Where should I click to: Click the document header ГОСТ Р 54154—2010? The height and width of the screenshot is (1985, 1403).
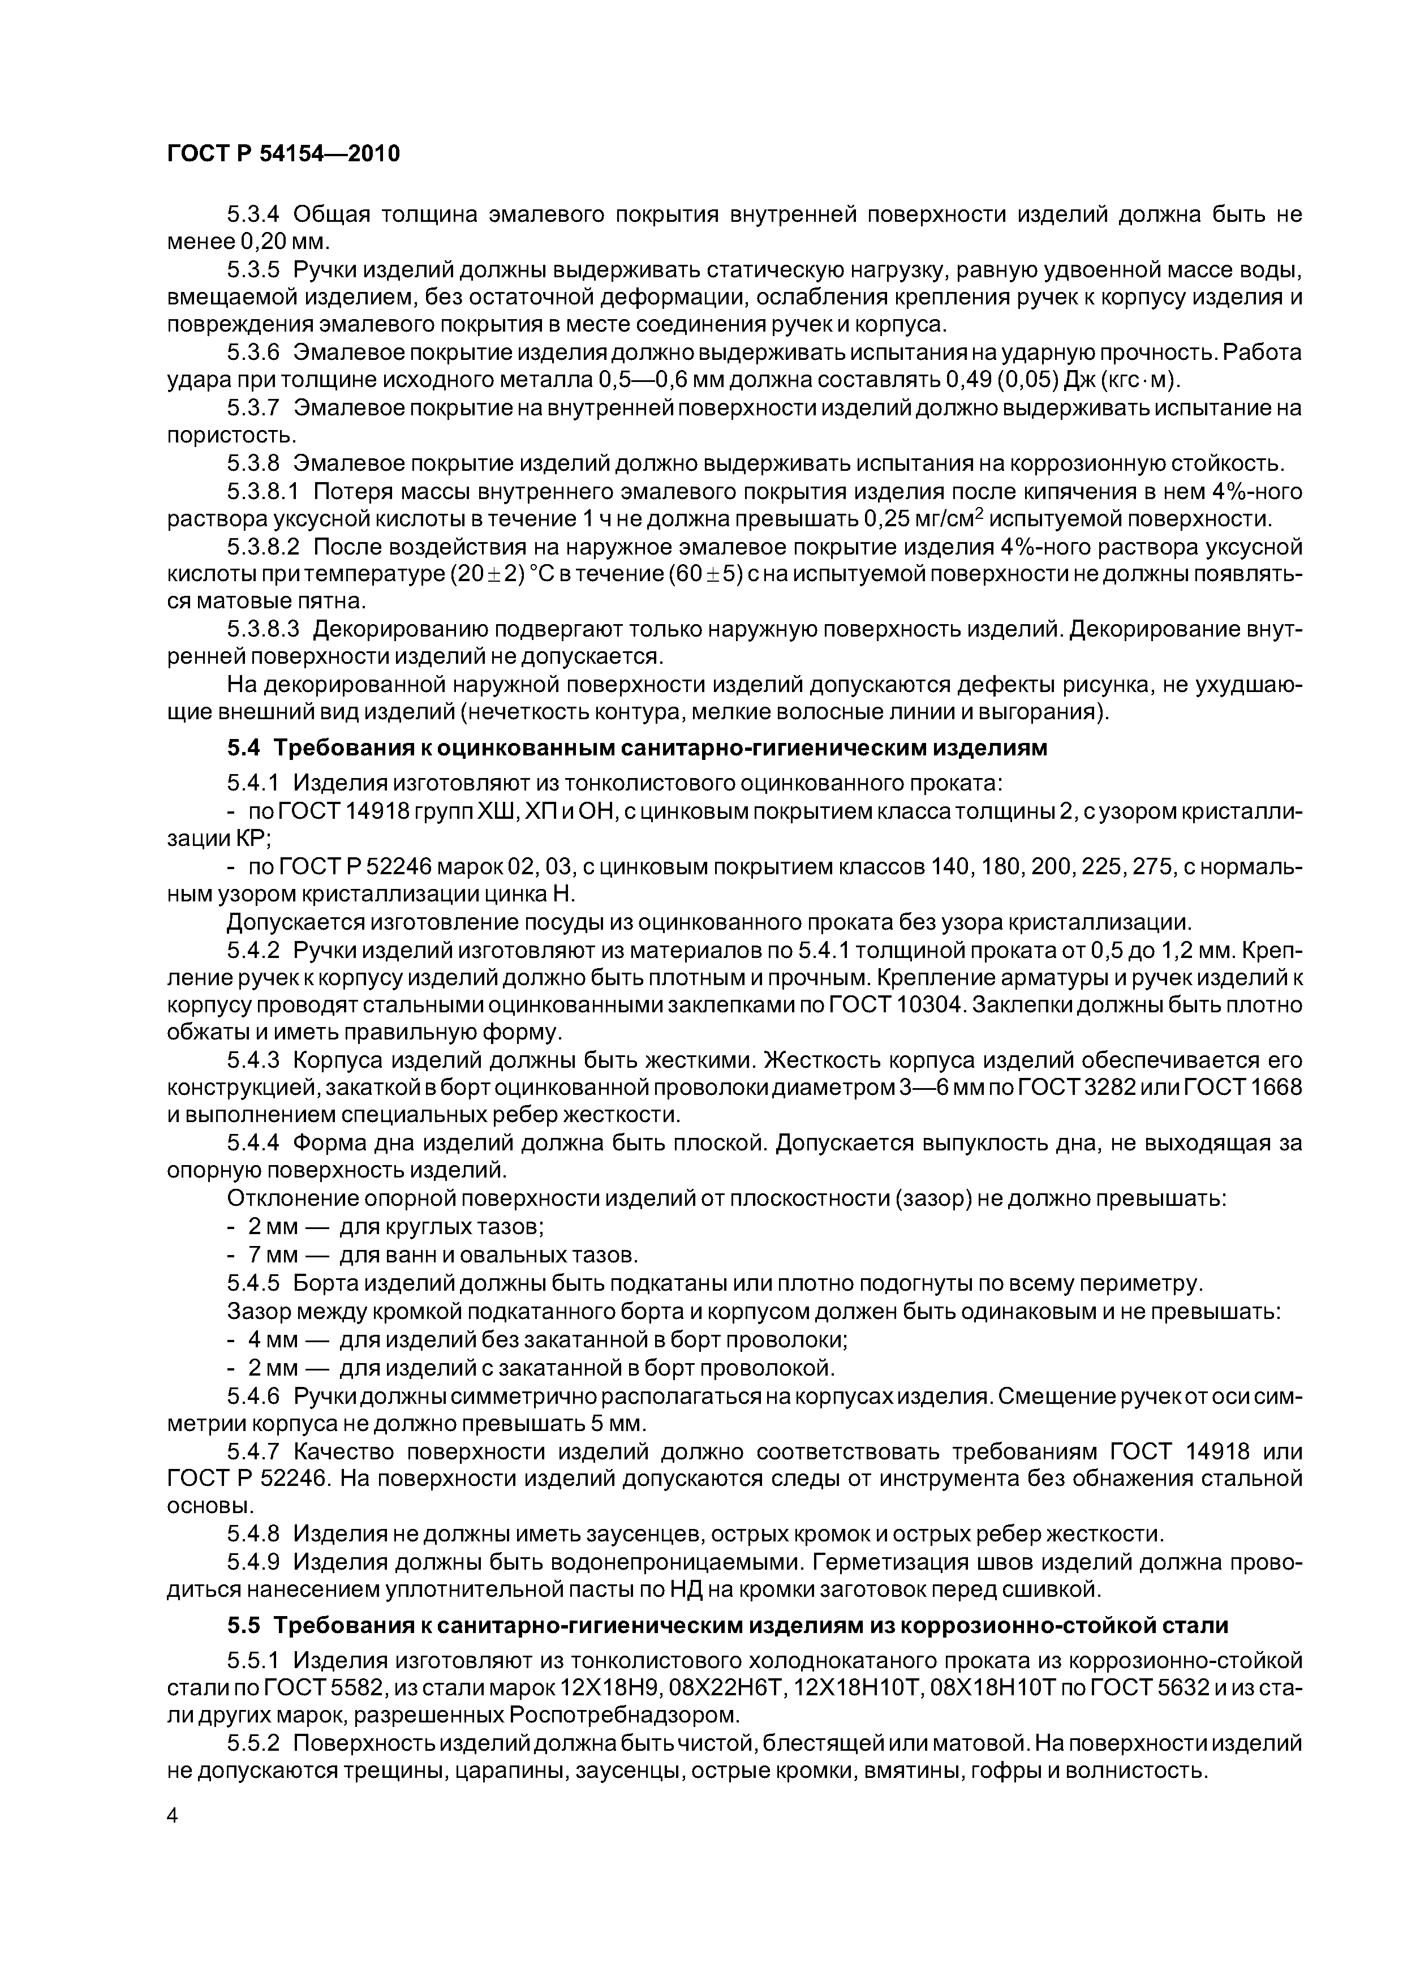click(283, 154)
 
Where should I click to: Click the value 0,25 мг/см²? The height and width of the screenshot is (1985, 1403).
click(925, 519)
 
